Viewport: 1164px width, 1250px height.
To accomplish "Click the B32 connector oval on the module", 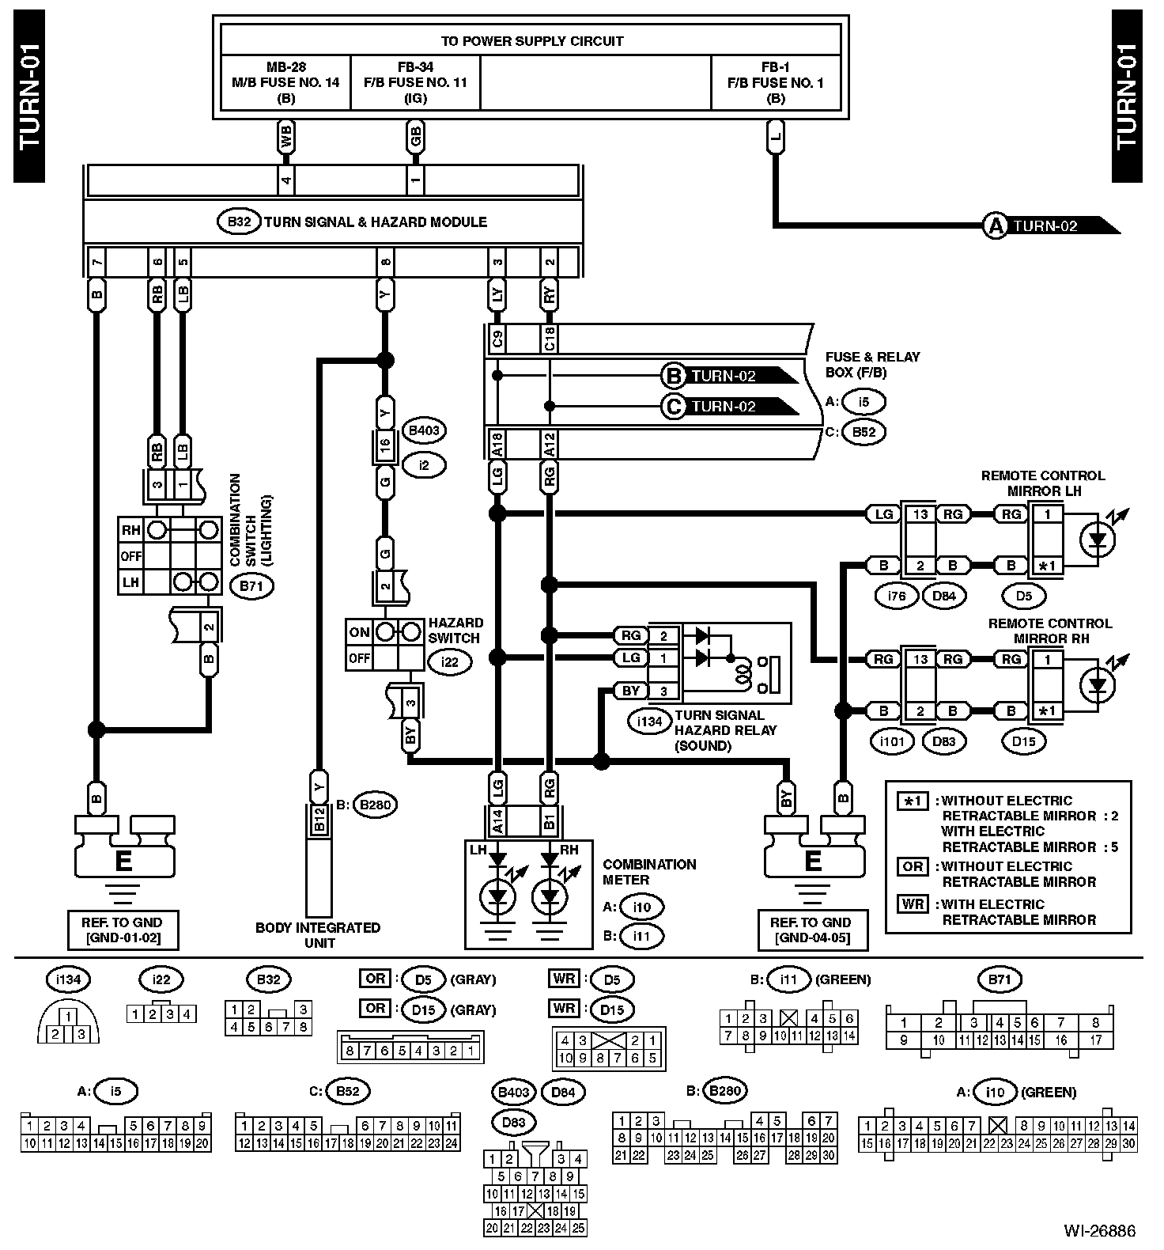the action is click(x=239, y=222).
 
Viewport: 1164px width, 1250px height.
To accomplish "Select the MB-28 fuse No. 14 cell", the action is click(x=285, y=82).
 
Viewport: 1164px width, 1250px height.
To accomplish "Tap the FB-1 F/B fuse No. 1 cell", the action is click(x=776, y=82).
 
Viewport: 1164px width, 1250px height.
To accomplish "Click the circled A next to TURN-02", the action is click(x=994, y=226).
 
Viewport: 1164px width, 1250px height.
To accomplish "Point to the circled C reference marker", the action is click(x=674, y=407).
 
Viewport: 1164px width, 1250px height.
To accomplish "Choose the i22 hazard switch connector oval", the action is click(x=450, y=661).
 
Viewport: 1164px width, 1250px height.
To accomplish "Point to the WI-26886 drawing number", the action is click(x=1099, y=1231).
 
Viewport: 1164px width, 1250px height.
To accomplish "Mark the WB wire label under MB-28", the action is click(x=286, y=136).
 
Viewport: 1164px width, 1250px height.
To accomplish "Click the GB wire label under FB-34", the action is click(x=415, y=136).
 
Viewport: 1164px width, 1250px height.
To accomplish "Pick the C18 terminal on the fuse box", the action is click(x=549, y=339).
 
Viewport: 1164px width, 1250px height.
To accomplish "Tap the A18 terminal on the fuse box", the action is click(x=497, y=444).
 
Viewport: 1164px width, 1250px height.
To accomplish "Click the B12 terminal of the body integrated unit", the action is click(x=319, y=819).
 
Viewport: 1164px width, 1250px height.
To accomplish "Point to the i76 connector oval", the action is click(x=896, y=596).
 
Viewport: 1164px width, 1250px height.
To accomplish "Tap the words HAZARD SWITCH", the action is click(x=455, y=631).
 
